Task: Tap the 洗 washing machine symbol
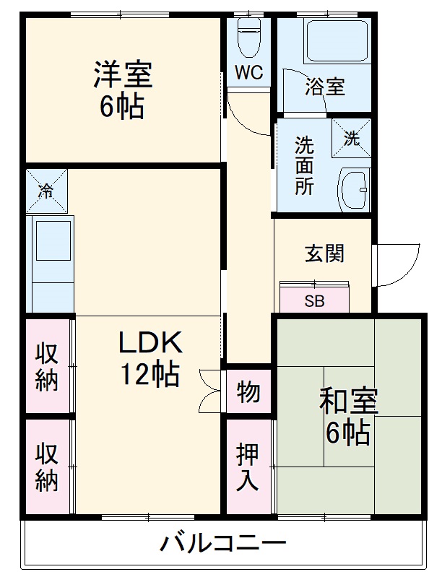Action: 351,139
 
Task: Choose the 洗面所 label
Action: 304,165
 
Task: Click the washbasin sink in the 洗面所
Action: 354,190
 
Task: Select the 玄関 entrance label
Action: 324,253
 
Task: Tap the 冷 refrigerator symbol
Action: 45,191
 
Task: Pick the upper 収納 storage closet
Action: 47,366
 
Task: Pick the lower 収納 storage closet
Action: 47,467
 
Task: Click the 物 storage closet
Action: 248,393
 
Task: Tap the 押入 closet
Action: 248,467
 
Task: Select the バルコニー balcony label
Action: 223,543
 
